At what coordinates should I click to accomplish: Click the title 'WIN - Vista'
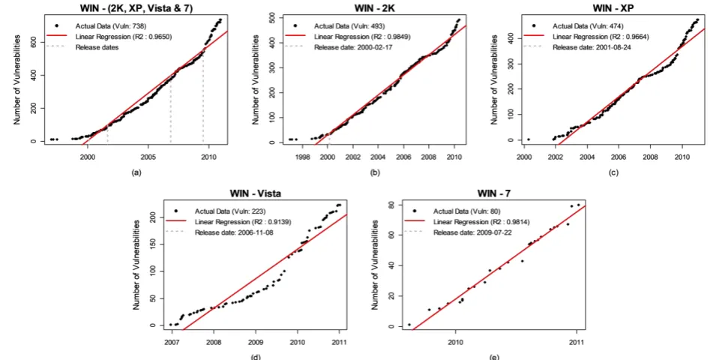pyautogui.click(x=255, y=193)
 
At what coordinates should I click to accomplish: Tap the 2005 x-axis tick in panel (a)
pyautogui.click(x=148, y=156)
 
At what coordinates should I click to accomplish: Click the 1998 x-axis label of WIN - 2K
pyautogui.click(x=302, y=156)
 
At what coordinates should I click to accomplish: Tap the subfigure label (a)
pyautogui.click(x=136, y=173)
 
